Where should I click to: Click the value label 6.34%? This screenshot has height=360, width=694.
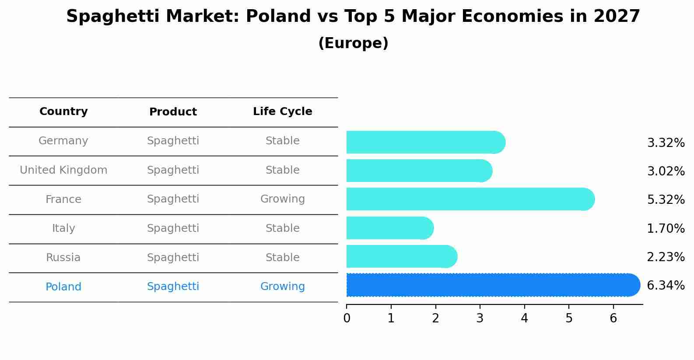(x=665, y=286)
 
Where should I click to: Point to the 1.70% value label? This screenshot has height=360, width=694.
(x=665, y=228)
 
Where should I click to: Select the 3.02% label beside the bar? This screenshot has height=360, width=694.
(x=665, y=171)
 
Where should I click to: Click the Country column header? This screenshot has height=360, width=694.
(x=63, y=112)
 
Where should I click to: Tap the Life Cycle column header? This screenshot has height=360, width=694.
(x=282, y=112)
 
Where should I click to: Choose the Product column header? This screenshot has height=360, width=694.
(x=173, y=112)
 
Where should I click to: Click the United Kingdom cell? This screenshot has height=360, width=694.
(x=63, y=170)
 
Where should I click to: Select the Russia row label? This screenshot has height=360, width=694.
(x=63, y=258)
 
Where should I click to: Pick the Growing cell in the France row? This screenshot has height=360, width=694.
(x=282, y=199)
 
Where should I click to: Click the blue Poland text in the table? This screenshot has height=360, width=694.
(x=63, y=287)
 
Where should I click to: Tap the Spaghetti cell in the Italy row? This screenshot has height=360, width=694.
(x=173, y=228)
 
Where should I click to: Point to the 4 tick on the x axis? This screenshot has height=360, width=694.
(x=524, y=318)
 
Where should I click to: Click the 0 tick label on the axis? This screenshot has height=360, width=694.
(x=347, y=318)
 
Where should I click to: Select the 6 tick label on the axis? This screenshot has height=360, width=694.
(x=613, y=318)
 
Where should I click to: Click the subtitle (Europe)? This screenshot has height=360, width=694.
(x=353, y=43)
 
